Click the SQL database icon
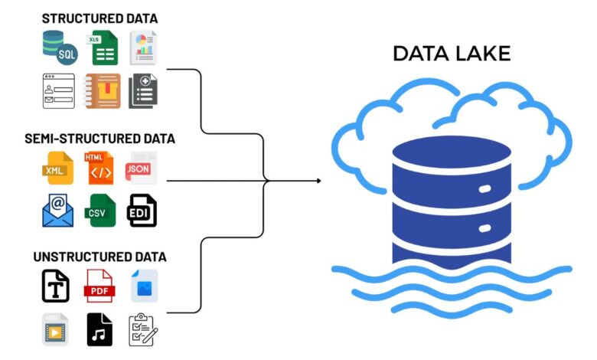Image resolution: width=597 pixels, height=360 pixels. click(x=59, y=47)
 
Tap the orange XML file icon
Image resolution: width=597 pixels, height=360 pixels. click(x=59, y=168)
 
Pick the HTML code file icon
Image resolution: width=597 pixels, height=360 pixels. click(x=99, y=168)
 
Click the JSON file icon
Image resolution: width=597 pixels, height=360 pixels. click(x=141, y=168)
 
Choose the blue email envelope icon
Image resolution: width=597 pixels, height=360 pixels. click(x=58, y=210)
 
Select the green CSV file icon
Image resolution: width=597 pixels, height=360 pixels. click(x=99, y=210)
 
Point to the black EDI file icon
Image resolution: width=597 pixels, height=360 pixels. click(x=142, y=210)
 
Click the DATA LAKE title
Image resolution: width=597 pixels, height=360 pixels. click(x=451, y=53)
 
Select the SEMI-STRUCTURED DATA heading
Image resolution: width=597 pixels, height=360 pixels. click(x=99, y=139)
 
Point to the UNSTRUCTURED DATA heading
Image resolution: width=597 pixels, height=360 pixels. click(x=99, y=257)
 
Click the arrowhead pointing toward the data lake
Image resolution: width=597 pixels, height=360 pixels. click(x=317, y=182)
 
